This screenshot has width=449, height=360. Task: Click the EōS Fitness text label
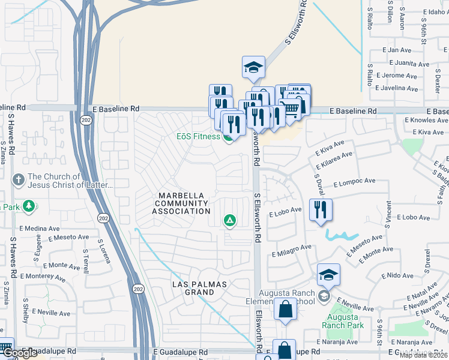pyautogui.click(x=198, y=136)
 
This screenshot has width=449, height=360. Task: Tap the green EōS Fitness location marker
pyautogui.click(x=228, y=137)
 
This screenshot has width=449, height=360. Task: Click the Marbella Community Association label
pyautogui.click(x=181, y=203)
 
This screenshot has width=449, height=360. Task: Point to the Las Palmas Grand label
pyautogui.click(x=193, y=287)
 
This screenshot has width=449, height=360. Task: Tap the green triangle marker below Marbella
pyautogui.click(x=229, y=221)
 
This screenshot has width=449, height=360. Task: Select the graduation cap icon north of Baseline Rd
pyautogui.click(x=253, y=68)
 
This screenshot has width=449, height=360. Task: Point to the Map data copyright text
pyautogui.click(x=424, y=355)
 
